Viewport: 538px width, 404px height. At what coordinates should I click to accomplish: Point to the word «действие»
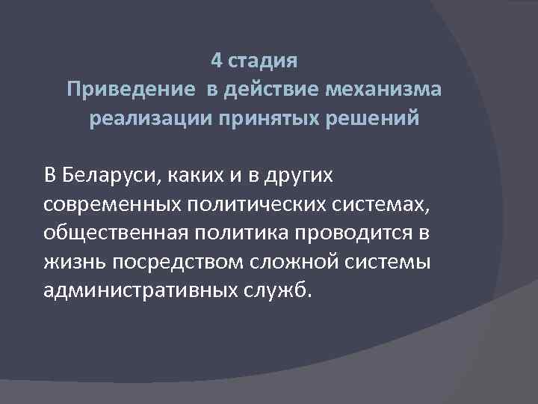coord(272,91)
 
